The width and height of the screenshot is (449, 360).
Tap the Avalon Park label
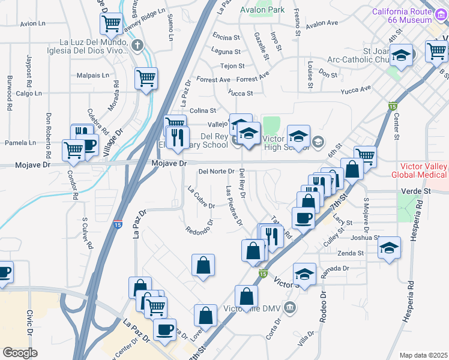262,10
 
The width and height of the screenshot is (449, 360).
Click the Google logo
20,353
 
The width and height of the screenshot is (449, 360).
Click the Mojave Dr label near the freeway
170,163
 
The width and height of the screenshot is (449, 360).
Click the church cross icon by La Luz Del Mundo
138,45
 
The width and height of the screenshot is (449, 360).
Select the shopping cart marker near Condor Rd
73,150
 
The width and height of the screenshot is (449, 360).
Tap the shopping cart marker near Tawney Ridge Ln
112,24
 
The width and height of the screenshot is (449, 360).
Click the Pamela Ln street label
20,143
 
